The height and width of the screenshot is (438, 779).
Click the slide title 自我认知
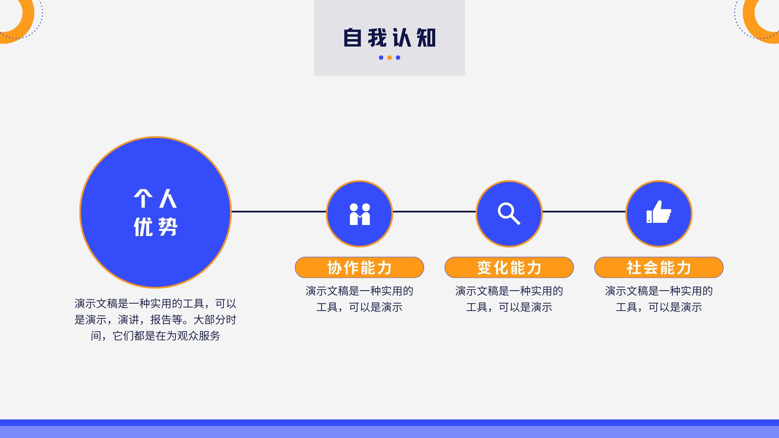pos(389,37)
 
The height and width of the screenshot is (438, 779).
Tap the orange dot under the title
pos(389,58)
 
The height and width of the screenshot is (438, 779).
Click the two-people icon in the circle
pos(360,214)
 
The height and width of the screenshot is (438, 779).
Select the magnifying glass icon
pos(509,214)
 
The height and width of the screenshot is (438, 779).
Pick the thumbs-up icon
pos(659,212)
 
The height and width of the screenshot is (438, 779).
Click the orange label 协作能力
pos(360,267)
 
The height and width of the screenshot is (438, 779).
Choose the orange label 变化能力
pos(509,267)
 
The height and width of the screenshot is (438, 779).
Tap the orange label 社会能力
pos(659,267)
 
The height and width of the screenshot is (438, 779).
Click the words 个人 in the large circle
pos(155,199)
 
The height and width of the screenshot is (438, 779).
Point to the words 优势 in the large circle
pos(155,227)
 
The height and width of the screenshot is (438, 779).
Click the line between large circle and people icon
pos(279,211)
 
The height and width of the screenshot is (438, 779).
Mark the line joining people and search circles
pos(434,211)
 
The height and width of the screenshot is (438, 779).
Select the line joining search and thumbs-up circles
pos(584,211)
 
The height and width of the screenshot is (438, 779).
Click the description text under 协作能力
pos(360,299)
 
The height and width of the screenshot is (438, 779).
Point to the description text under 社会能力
pos(659,299)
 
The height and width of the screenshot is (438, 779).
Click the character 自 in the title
pos(352,37)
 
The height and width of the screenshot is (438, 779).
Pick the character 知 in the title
pos(427,37)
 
